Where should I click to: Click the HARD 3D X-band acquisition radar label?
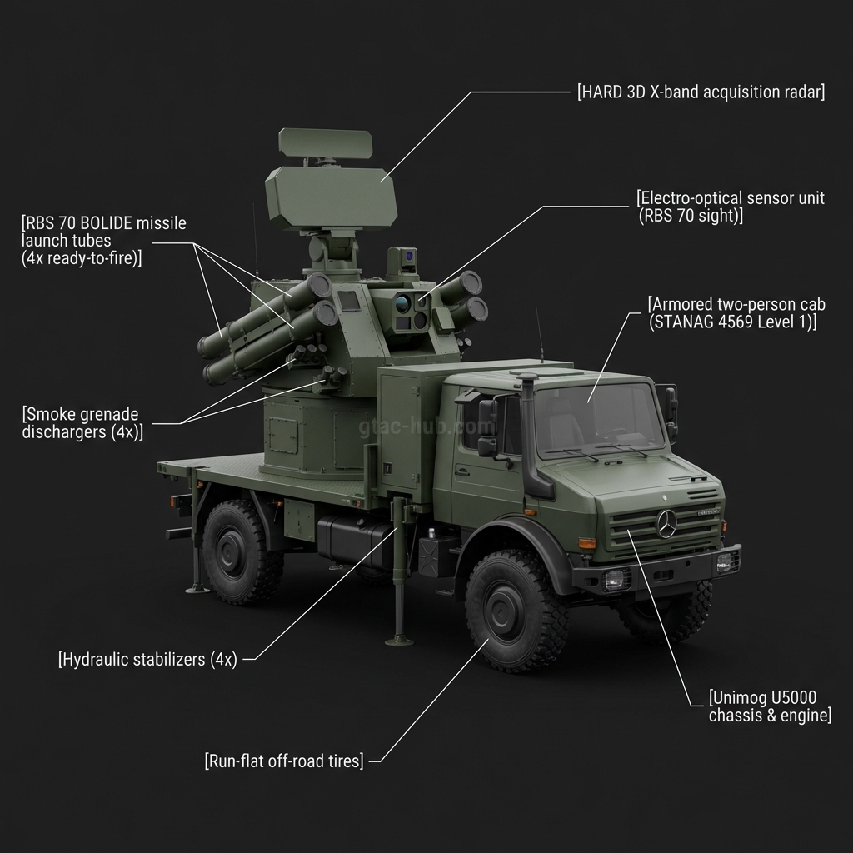click(x=701, y=92)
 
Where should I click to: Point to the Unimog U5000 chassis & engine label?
click(x=769, y=706)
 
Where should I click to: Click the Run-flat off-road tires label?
click(x=284, y=761)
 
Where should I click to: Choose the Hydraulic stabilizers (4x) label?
click(x=148, y=660)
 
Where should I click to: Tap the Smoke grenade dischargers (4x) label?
click(x=82, y=423)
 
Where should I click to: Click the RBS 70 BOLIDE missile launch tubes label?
click(x=104, y=241)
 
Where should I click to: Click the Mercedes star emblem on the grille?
click(x=667, y=525)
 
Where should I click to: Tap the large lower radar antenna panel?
click(x=330, y=198)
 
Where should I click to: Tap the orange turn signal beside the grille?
click(x=586, y=544)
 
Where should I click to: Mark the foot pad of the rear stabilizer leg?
click(x=197, y=590)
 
